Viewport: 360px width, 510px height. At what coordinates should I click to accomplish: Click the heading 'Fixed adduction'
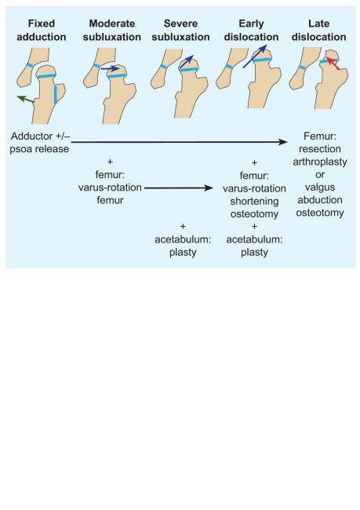42,30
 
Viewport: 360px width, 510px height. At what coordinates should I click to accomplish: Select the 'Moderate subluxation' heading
112,30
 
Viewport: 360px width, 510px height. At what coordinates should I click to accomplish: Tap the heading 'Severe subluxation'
180,30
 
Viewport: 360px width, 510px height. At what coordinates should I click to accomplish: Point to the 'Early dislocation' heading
251,30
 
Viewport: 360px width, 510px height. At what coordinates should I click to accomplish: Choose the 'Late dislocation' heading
318,30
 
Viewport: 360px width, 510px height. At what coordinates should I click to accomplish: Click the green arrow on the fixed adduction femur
26,99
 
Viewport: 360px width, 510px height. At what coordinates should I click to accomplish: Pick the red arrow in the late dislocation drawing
333,63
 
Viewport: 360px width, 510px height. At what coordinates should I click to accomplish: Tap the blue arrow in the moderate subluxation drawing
110,68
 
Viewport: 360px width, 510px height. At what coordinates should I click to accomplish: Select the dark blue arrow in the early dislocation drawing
255,56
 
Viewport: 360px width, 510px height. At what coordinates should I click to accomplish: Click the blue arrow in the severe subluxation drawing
187,61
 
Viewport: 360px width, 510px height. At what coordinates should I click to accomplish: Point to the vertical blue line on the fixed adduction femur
56,94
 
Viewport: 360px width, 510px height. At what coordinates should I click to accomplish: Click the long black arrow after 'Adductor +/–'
179,142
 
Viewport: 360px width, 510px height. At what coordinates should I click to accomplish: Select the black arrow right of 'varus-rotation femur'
179,188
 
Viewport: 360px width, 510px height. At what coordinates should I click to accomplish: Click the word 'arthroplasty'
320,162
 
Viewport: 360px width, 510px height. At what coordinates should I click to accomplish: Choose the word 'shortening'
254,202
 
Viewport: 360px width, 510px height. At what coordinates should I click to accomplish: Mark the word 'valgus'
320,188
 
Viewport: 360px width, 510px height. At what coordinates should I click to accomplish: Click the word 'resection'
320,148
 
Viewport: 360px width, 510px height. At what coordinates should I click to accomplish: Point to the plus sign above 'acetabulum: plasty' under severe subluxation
183,226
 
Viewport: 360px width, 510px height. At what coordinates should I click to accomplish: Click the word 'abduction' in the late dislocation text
320,200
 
